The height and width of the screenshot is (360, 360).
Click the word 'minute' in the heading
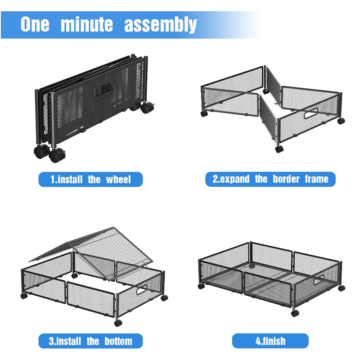(x=87, y=24)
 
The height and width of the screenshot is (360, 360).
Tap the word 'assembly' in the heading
(x=161, y=25)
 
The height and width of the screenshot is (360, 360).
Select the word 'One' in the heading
(x=35, y=24)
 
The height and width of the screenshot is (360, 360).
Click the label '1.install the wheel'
(x=90, y=179)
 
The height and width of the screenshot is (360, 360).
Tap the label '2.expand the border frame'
(x=270, y=179)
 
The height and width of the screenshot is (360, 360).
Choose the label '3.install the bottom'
(x=90, y=341)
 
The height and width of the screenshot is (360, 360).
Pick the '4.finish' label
(x=270, y=341)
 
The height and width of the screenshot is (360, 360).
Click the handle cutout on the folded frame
(x=104, y=89)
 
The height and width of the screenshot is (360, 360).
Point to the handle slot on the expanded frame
(x=310, y=114)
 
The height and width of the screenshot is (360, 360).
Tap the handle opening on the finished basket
(x=319, y=280)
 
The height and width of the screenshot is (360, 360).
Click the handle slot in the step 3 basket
(x=142, y=290)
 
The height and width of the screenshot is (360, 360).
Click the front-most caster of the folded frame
(x=57, y=155)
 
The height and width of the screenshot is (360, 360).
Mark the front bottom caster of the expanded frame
(x=279, y=149)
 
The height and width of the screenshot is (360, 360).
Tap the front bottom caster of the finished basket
(x=295, y=313)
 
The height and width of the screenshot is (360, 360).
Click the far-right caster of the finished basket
(x=342, y=288)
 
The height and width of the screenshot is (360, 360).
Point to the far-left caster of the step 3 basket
(x=24, y=296)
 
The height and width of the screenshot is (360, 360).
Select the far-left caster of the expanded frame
(x=204, y=114)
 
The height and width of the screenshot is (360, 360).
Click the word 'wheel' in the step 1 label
(x=118, y=180)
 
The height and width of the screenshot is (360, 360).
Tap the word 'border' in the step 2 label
(x=286, y=179)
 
